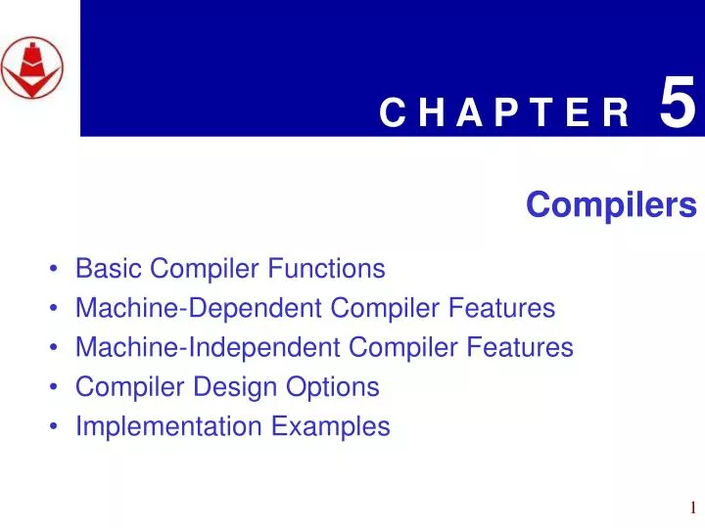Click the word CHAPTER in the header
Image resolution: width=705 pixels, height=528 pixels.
point(504,114)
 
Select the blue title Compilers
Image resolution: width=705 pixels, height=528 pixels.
point(611,205)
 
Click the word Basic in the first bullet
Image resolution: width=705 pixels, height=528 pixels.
point(104,268)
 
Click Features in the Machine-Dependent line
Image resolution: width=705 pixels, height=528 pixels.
point(502,308)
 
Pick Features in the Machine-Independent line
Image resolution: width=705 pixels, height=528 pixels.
point(521,347)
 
